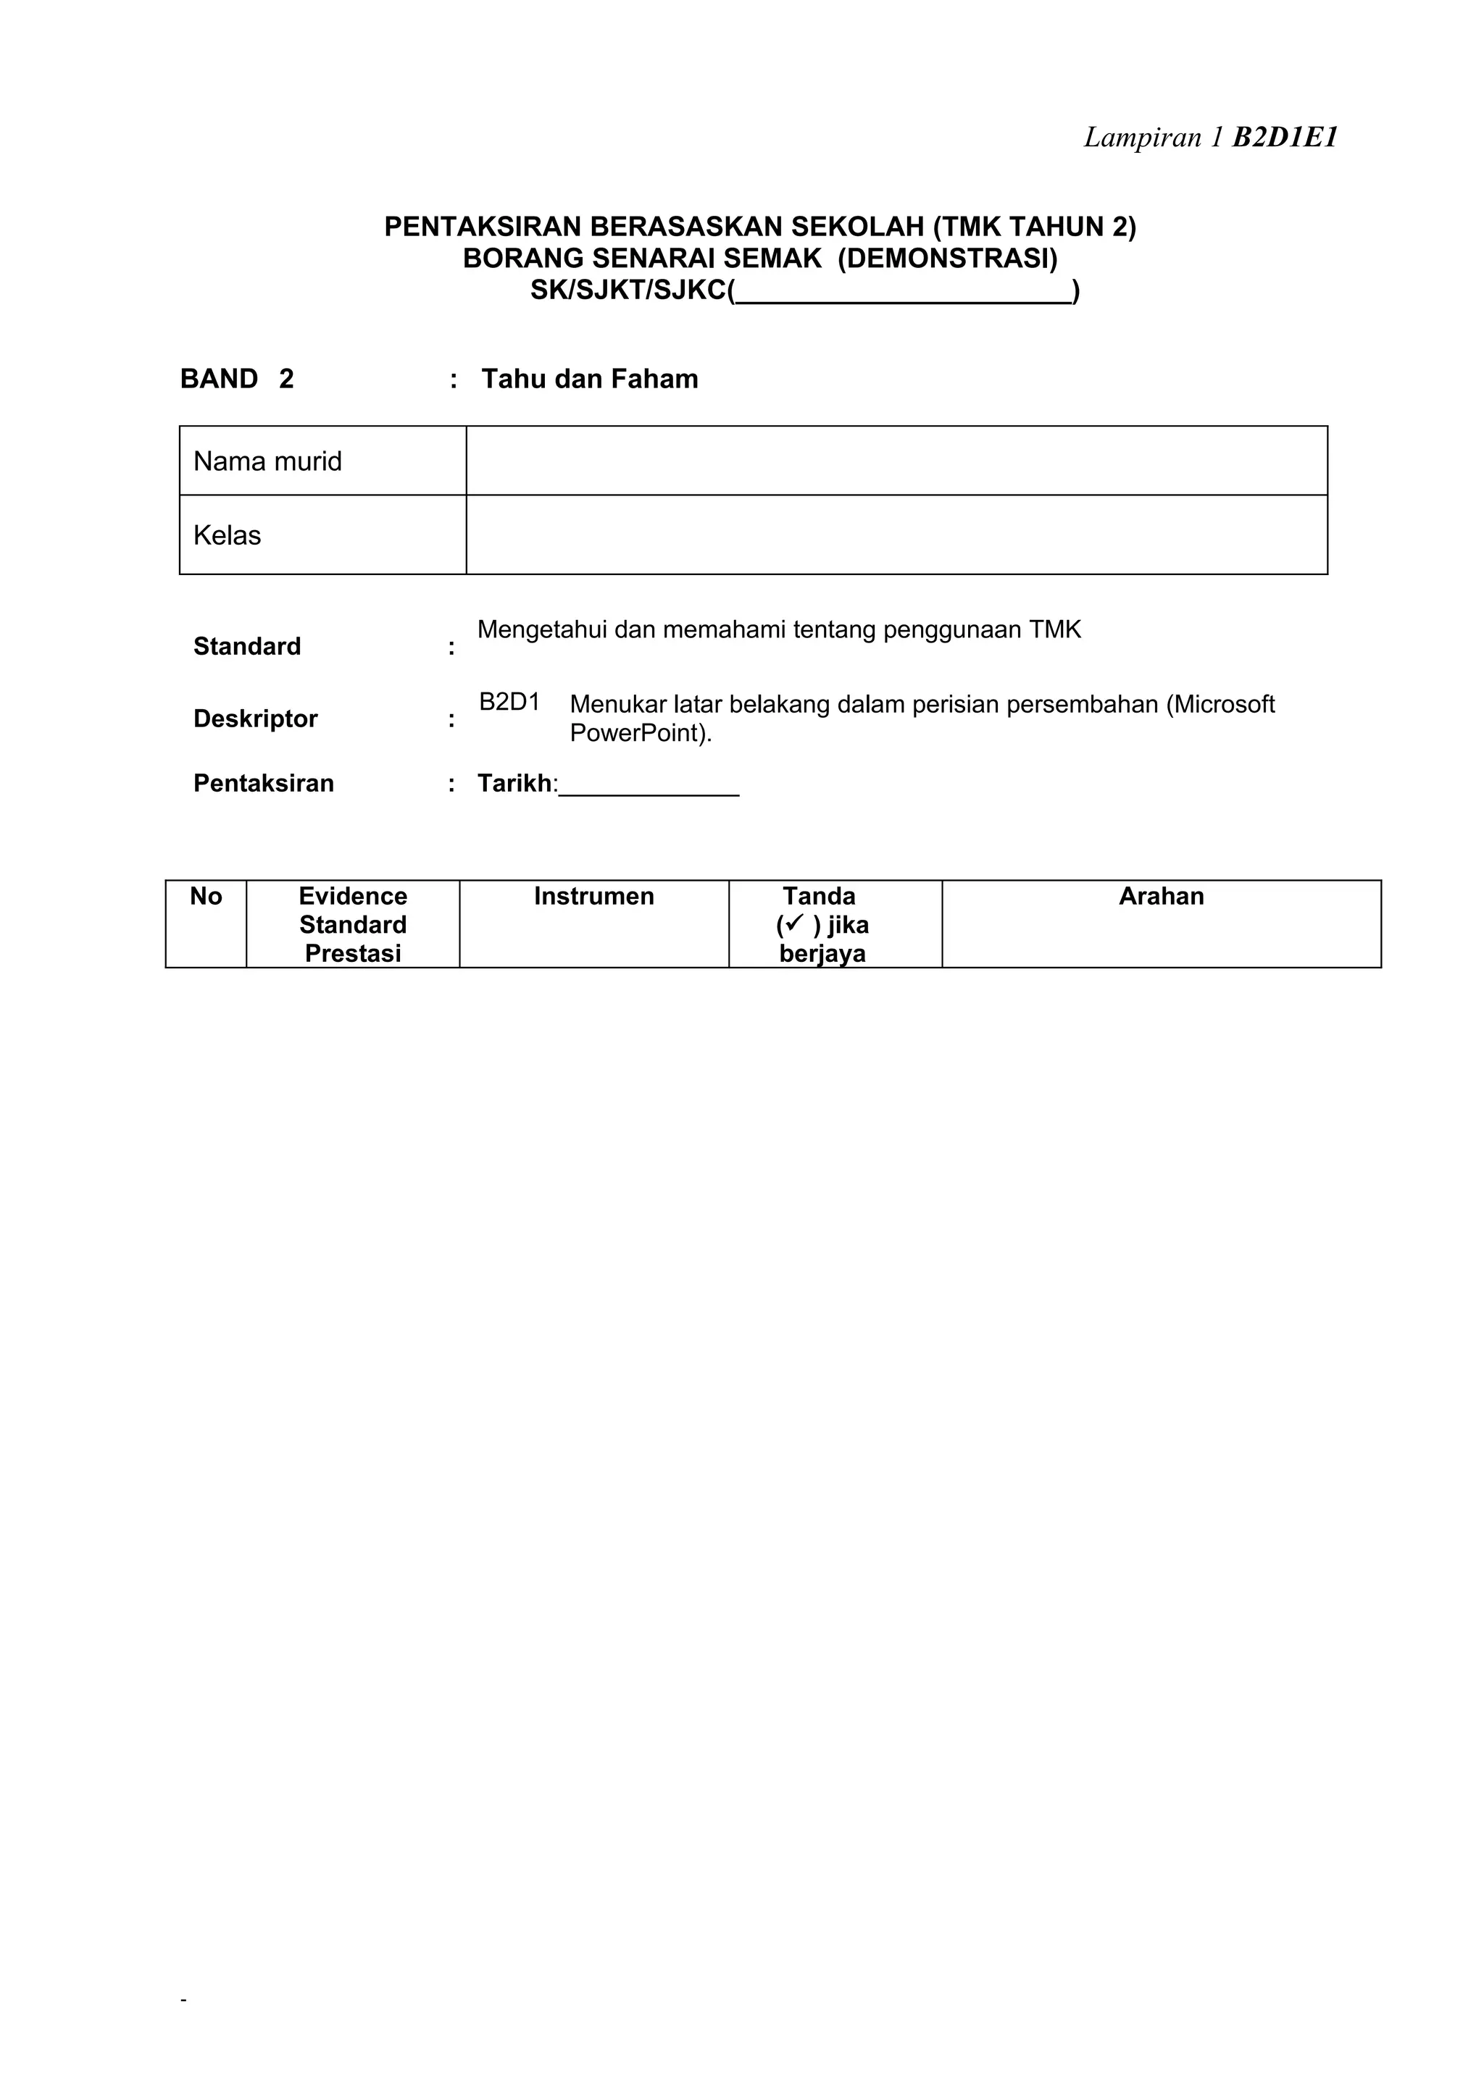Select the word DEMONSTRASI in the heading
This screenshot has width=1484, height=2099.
[x=947, y=259]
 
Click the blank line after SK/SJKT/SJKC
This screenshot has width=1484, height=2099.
[x=904, y=293]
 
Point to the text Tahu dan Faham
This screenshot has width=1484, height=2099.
[x=589, y=380]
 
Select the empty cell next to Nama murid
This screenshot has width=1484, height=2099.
[x=896, y=461]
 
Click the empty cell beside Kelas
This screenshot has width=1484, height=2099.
[x=896, y=535]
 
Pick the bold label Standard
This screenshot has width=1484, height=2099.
[x=247, y=646]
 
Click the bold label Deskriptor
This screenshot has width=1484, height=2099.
[x=255, y=718]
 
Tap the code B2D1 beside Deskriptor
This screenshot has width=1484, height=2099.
[x=509, y=702]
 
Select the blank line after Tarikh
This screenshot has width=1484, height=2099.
[x=649, y=786]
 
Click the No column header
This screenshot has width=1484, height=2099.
[x=206, y=897]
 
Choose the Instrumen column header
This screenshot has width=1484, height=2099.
[x=593, y=897]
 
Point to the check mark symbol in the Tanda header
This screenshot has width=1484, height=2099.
[x=793, y=924]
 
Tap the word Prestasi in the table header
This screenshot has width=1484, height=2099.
[x=353, y=953]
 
